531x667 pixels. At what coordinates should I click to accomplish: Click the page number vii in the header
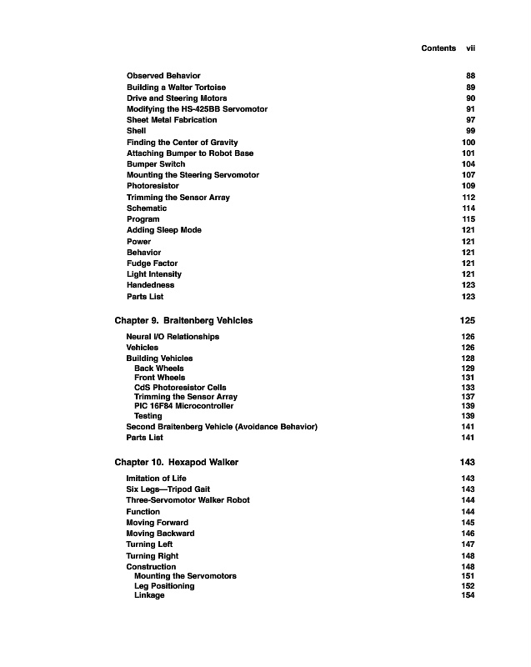click(x=470, y=48)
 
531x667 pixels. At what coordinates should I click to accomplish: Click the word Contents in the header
click(x=438, y=48)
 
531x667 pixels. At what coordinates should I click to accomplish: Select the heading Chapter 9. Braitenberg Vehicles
click(x=183, y=320)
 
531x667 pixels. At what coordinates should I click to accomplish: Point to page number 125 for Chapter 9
click(x=468, y=320)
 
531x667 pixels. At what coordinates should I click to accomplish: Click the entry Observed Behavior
click(x=163, y=76)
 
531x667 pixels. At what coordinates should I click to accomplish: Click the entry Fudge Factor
click(x=152, y=263)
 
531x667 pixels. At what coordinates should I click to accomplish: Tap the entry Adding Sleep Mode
click(x=163, y=230)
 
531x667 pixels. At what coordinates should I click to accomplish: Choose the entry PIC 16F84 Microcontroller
click(x=183, y=406)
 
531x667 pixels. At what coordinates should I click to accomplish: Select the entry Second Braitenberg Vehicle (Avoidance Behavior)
click(x=222, y=427)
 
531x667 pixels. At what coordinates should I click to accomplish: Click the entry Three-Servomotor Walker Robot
click(x=188, y=500)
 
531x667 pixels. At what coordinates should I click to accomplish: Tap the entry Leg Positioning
click(x=164, y=586)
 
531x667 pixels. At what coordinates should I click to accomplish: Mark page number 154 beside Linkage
click(x=468, y=595)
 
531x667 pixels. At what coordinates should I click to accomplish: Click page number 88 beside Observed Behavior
click(x=470, y=76)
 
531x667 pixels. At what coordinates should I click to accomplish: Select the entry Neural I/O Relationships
click(x=173, y=337)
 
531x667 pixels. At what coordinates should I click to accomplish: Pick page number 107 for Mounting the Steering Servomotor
click(x=468, y=175)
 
